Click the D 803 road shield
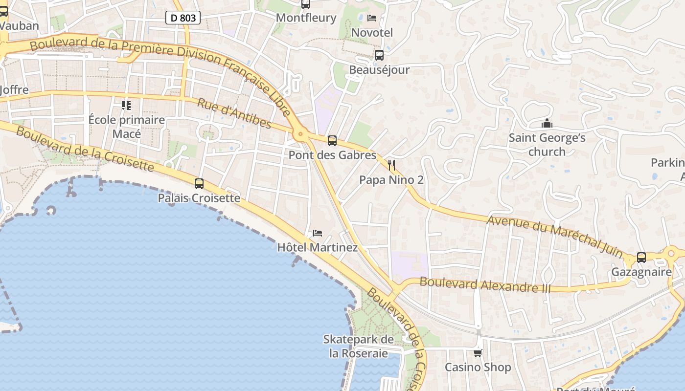(183, 18)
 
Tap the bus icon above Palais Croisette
(199, 184)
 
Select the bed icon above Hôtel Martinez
(318, 233)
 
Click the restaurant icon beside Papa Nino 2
(391, 165)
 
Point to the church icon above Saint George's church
(547, 123)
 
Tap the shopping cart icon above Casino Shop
(478, 353)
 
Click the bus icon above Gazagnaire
(641, 257)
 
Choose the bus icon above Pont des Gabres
(332, 141)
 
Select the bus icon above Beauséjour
(379, 55)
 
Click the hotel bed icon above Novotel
(372, 18)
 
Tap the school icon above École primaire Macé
(126, 105)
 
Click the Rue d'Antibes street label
(234, 113)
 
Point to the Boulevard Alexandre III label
(485, 285)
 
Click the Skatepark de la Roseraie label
(359, 346)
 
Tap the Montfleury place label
(306, 18)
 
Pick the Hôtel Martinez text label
(318, 247)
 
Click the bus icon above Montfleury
(306, 4)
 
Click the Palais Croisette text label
(199, 198)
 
